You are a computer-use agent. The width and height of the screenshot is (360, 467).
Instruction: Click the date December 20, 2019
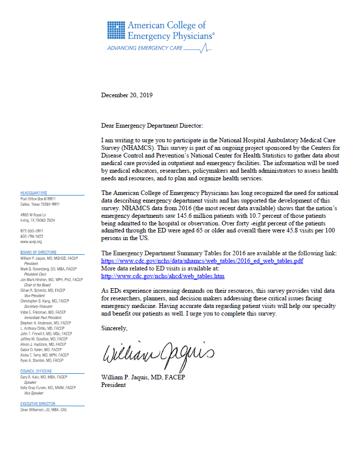click(x=127, y=95)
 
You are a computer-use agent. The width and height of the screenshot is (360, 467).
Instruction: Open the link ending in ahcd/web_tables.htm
click(x=163, y=276)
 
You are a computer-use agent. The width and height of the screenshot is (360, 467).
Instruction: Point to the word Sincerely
click(x=115, y=329)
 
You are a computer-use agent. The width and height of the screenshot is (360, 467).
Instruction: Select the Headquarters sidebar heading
click(x=33, y=193)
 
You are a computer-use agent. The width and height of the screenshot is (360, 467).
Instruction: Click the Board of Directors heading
click(x=38, y=252)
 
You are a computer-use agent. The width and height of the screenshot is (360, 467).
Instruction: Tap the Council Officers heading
click(x=35, y=371)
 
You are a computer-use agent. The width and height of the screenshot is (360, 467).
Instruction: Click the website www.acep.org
click(x=31, y=243)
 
